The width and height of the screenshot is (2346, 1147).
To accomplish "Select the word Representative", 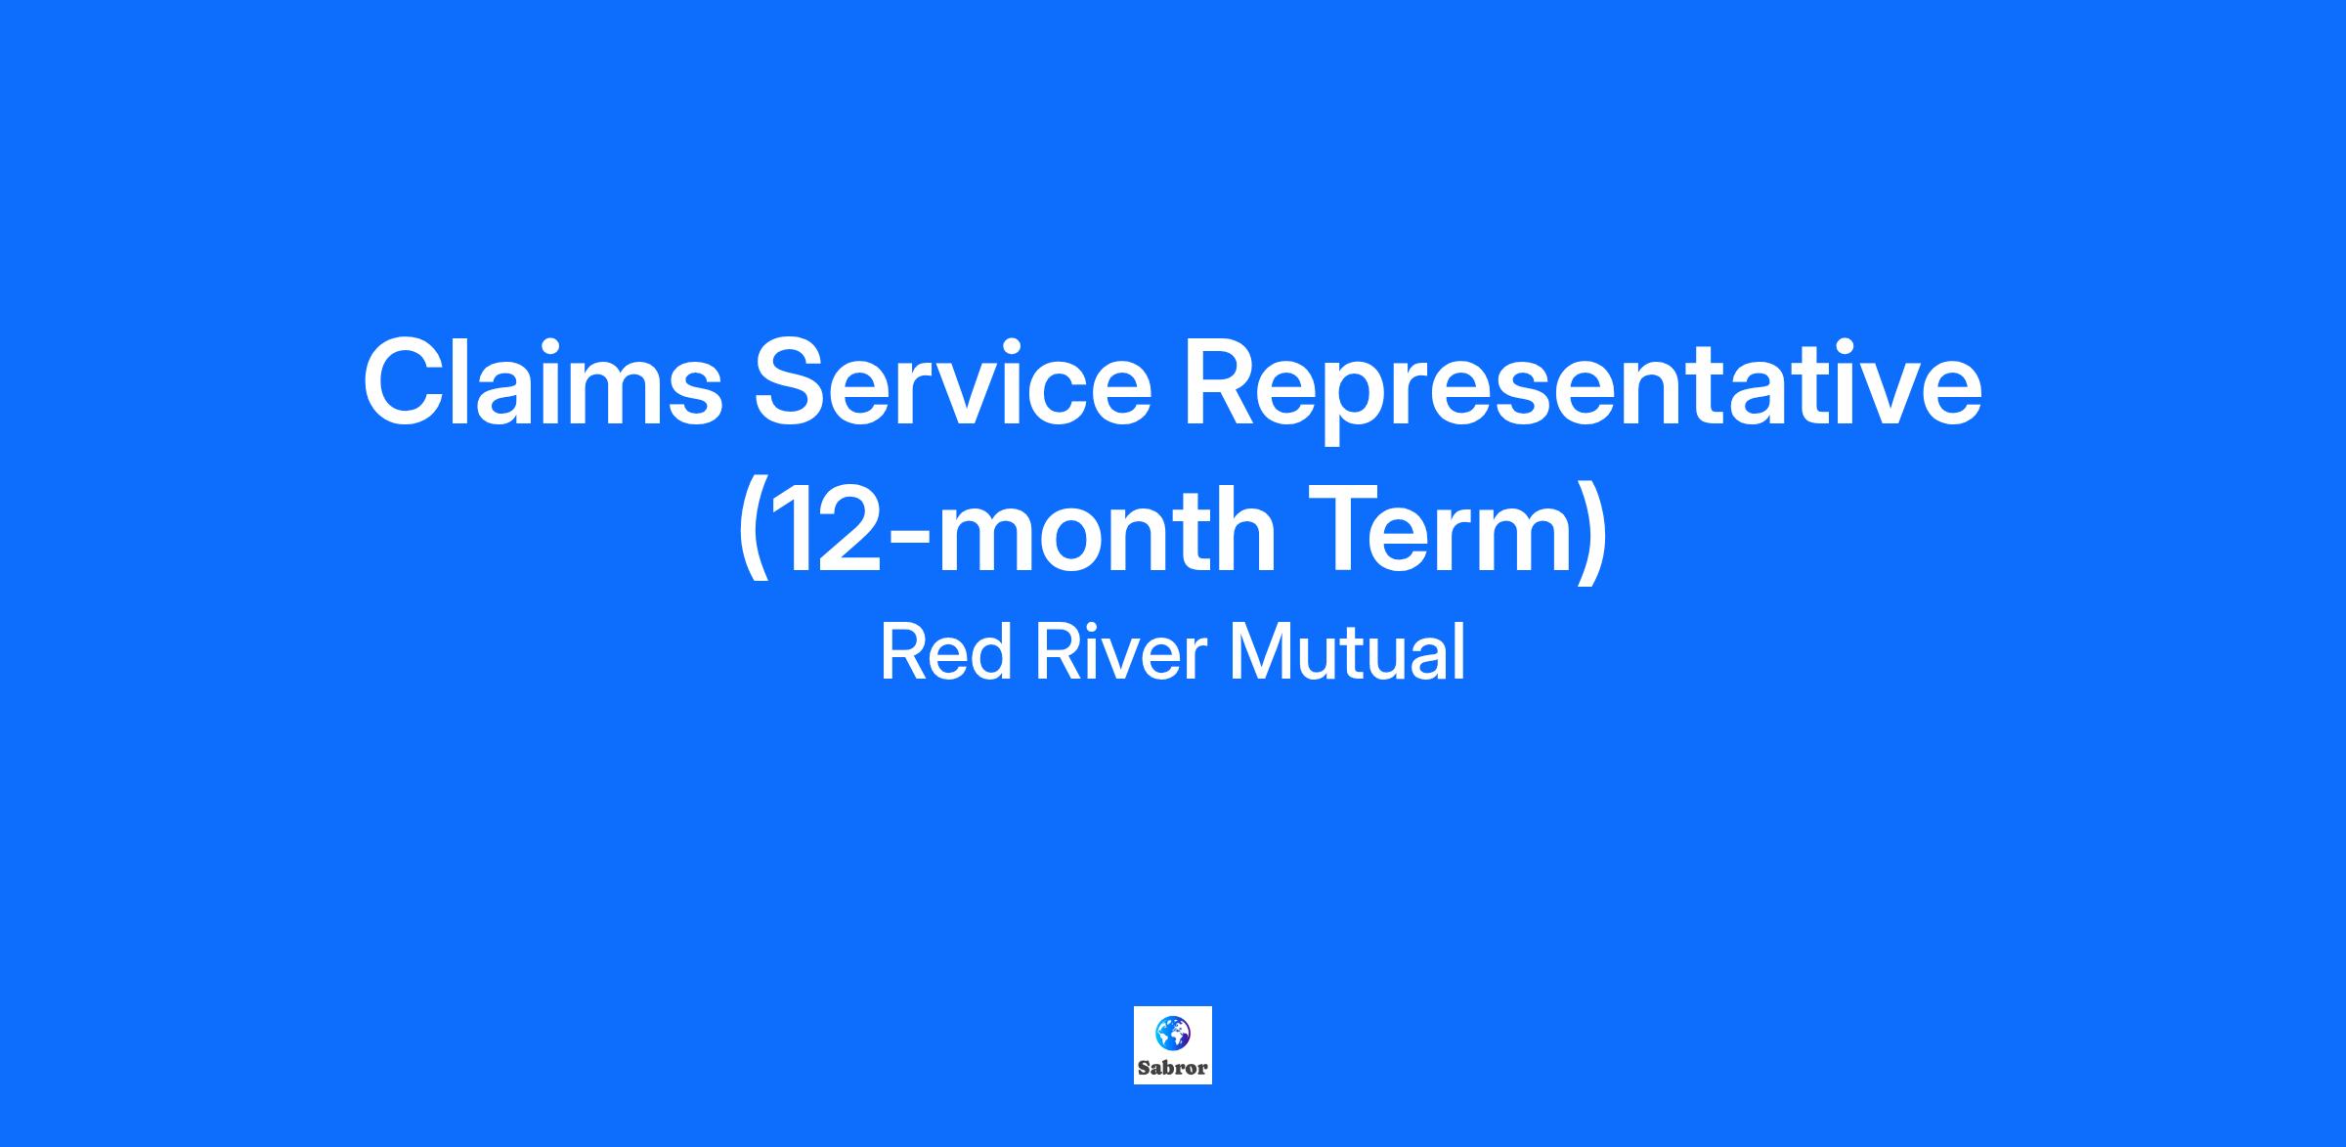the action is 1584,390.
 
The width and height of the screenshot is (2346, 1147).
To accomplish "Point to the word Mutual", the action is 1348,652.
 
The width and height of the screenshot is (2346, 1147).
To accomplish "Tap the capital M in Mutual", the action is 1259,652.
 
